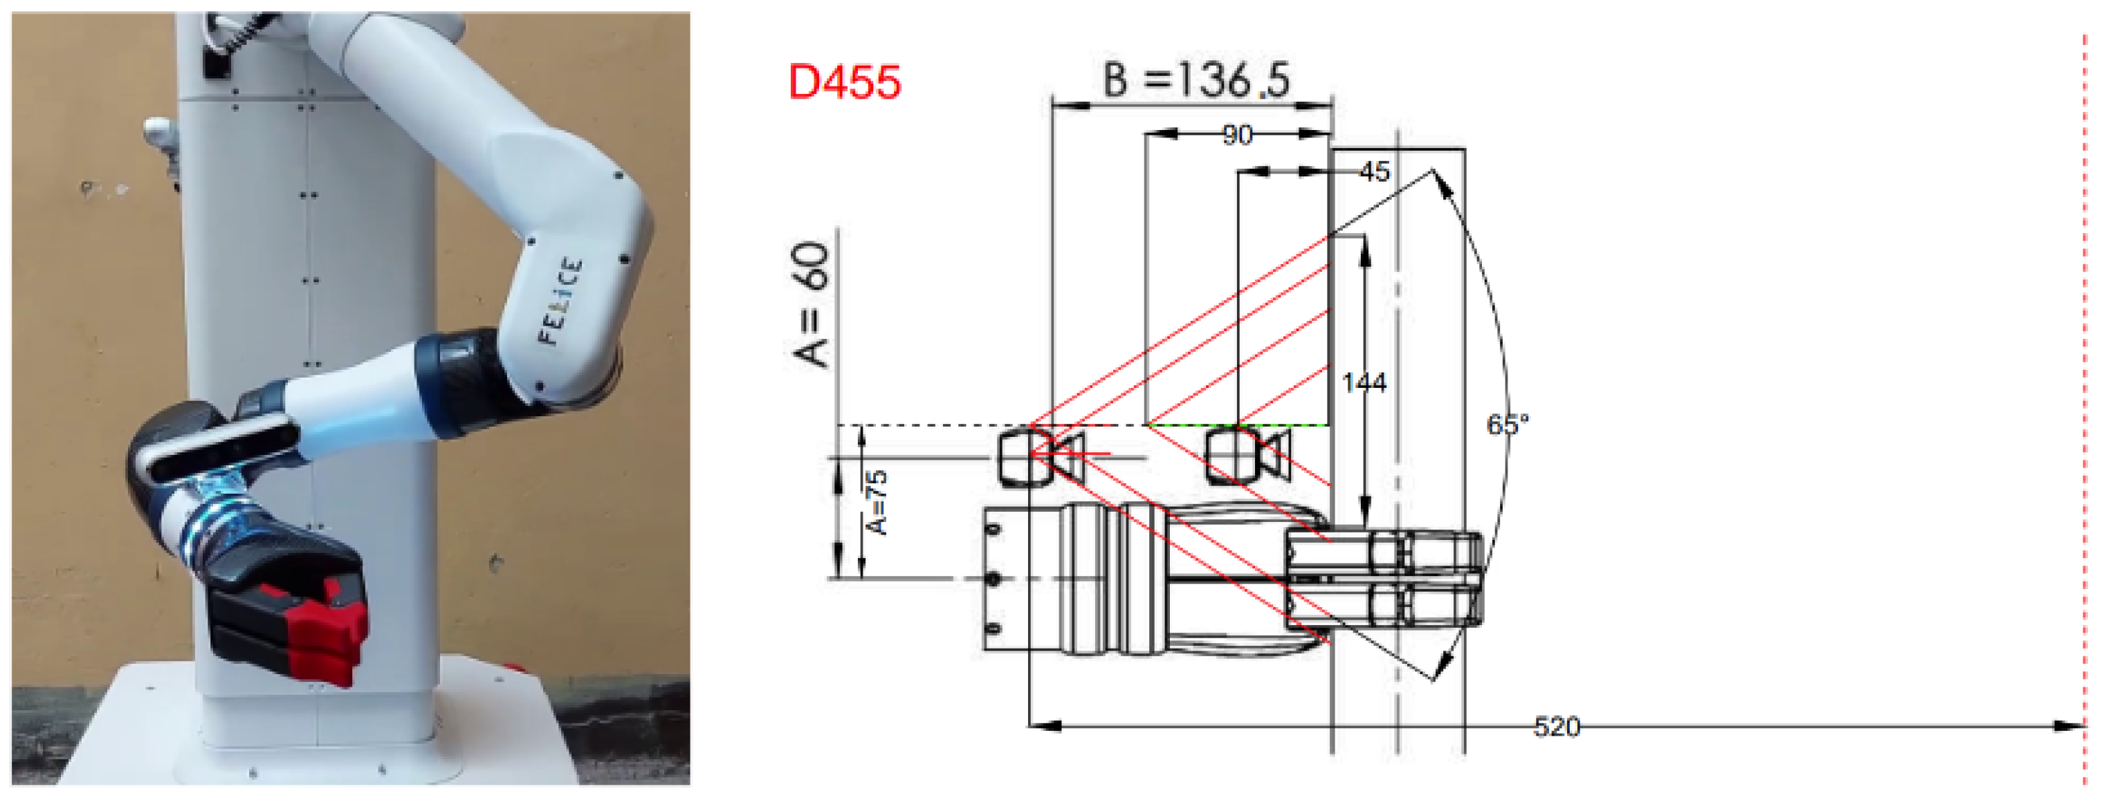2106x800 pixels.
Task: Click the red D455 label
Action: click(845, 82)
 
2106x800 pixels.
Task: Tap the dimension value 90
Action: click(1237, 135)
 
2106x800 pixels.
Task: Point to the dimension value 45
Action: click(1374, 171)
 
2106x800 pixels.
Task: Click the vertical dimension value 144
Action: click(1364, 382)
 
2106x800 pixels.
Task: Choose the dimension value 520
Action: click(1557, 727)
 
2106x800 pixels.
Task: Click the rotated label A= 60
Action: click(811, 304)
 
